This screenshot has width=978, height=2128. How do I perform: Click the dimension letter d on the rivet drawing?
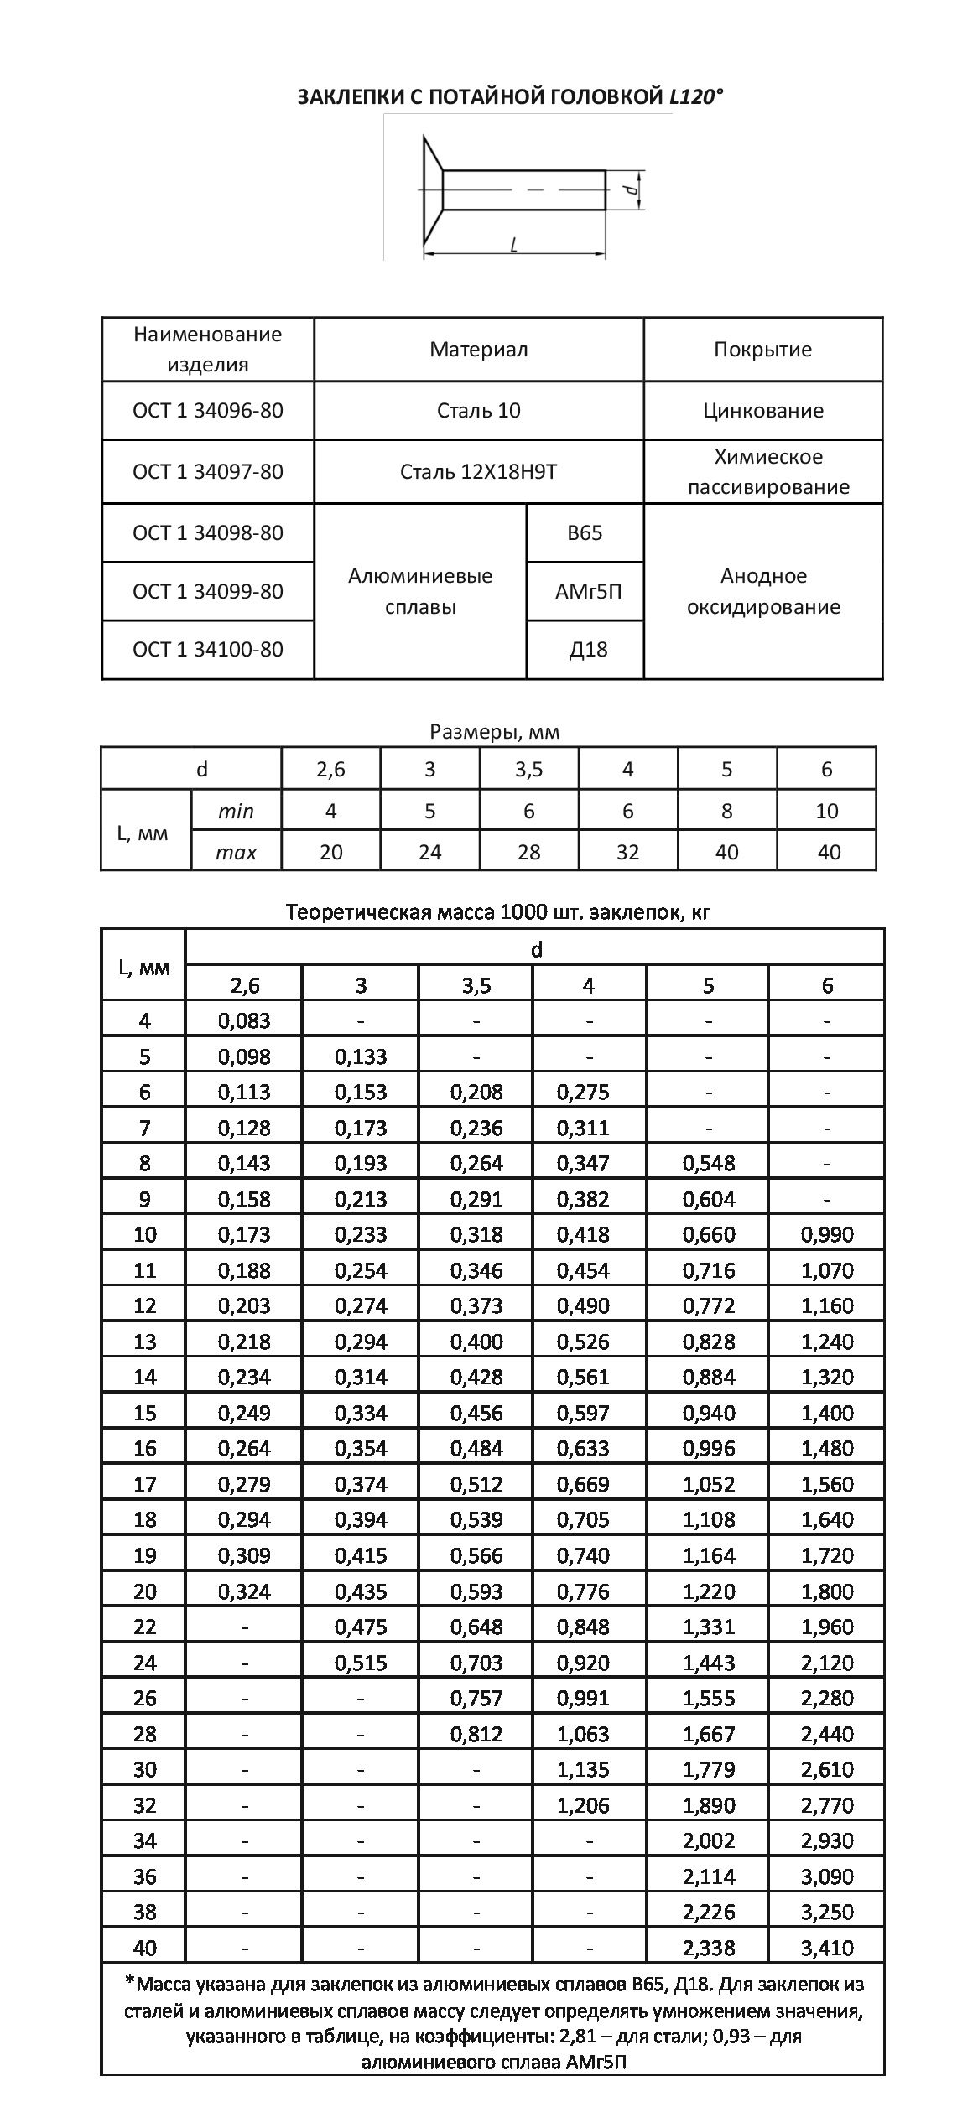[633, 190]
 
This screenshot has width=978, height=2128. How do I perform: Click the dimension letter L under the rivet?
[512, 244]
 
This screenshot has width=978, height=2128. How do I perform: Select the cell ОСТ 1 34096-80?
[208, 411]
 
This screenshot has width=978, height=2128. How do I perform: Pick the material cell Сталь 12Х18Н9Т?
[478, 472]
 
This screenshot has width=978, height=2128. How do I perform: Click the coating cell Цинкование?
[762, 411]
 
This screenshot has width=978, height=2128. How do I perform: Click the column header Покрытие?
[762, 350]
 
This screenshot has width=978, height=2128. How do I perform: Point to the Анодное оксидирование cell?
[762, 591]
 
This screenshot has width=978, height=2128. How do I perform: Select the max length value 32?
[627, 853]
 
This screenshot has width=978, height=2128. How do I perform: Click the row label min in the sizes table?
[236, 812]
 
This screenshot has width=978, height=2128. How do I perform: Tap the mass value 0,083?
[244, 1021]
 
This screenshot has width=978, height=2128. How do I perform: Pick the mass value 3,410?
[827, 1948]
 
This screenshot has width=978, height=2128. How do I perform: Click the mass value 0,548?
[709, 1164]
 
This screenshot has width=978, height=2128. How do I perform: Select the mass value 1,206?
[583, 1805]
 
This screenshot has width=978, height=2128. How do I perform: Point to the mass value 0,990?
[827, 1235]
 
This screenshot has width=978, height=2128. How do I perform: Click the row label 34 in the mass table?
[144, 1841]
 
